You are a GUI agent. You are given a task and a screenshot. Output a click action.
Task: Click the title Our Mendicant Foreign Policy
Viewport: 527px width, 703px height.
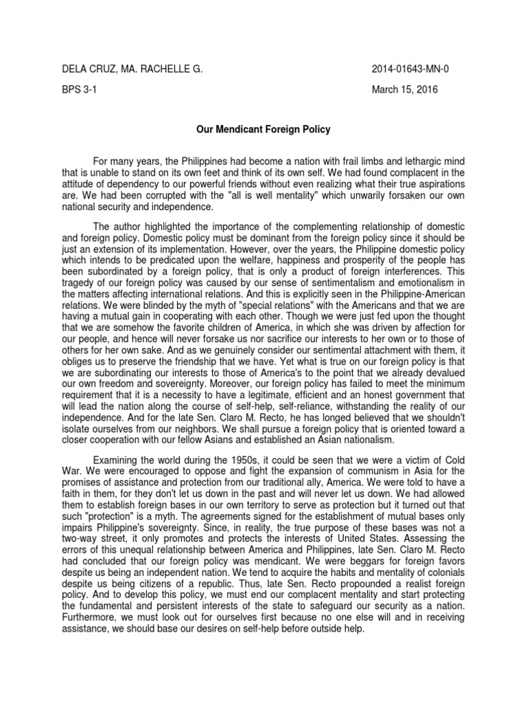pyautogui.click(x=263, y=128)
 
